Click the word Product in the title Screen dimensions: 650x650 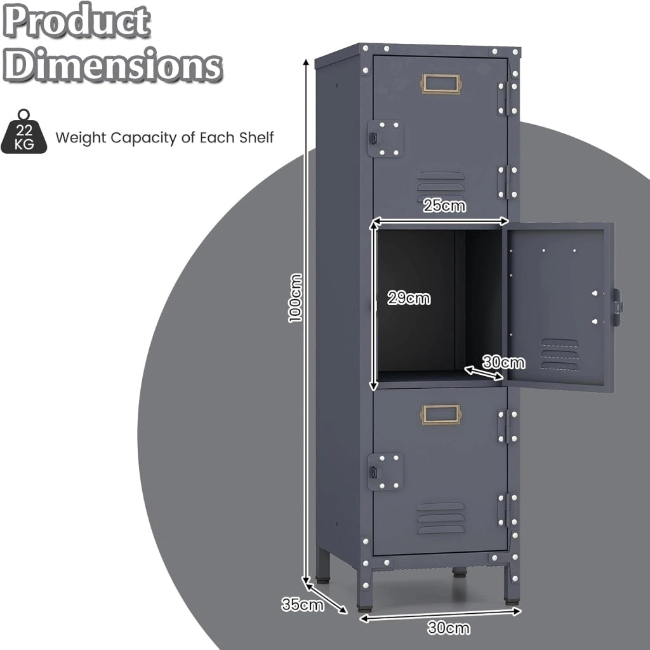coord(76,20)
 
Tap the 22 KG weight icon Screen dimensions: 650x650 coord(24,132)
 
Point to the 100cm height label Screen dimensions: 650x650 coord(295,297)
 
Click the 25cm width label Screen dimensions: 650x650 coord(444,205)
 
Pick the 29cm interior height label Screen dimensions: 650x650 coord(409,297)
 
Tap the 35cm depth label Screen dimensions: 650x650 coord(302,604)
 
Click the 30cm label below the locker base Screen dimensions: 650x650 coord(449,628)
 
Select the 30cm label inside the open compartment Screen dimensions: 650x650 coord(503,362)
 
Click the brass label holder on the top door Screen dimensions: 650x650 coord(441,84)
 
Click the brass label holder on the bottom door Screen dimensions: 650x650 coord(441,415)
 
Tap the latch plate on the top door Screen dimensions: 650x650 coord(385,139)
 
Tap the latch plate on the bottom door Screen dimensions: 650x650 coord(385,471)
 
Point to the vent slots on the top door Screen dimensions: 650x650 coord(441,184)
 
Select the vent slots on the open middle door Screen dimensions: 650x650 coord(559,354)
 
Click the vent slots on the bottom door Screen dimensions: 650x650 coord(441,518)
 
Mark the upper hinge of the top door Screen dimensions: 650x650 coord(507,98)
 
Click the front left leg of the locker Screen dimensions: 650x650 coord(365,590)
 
